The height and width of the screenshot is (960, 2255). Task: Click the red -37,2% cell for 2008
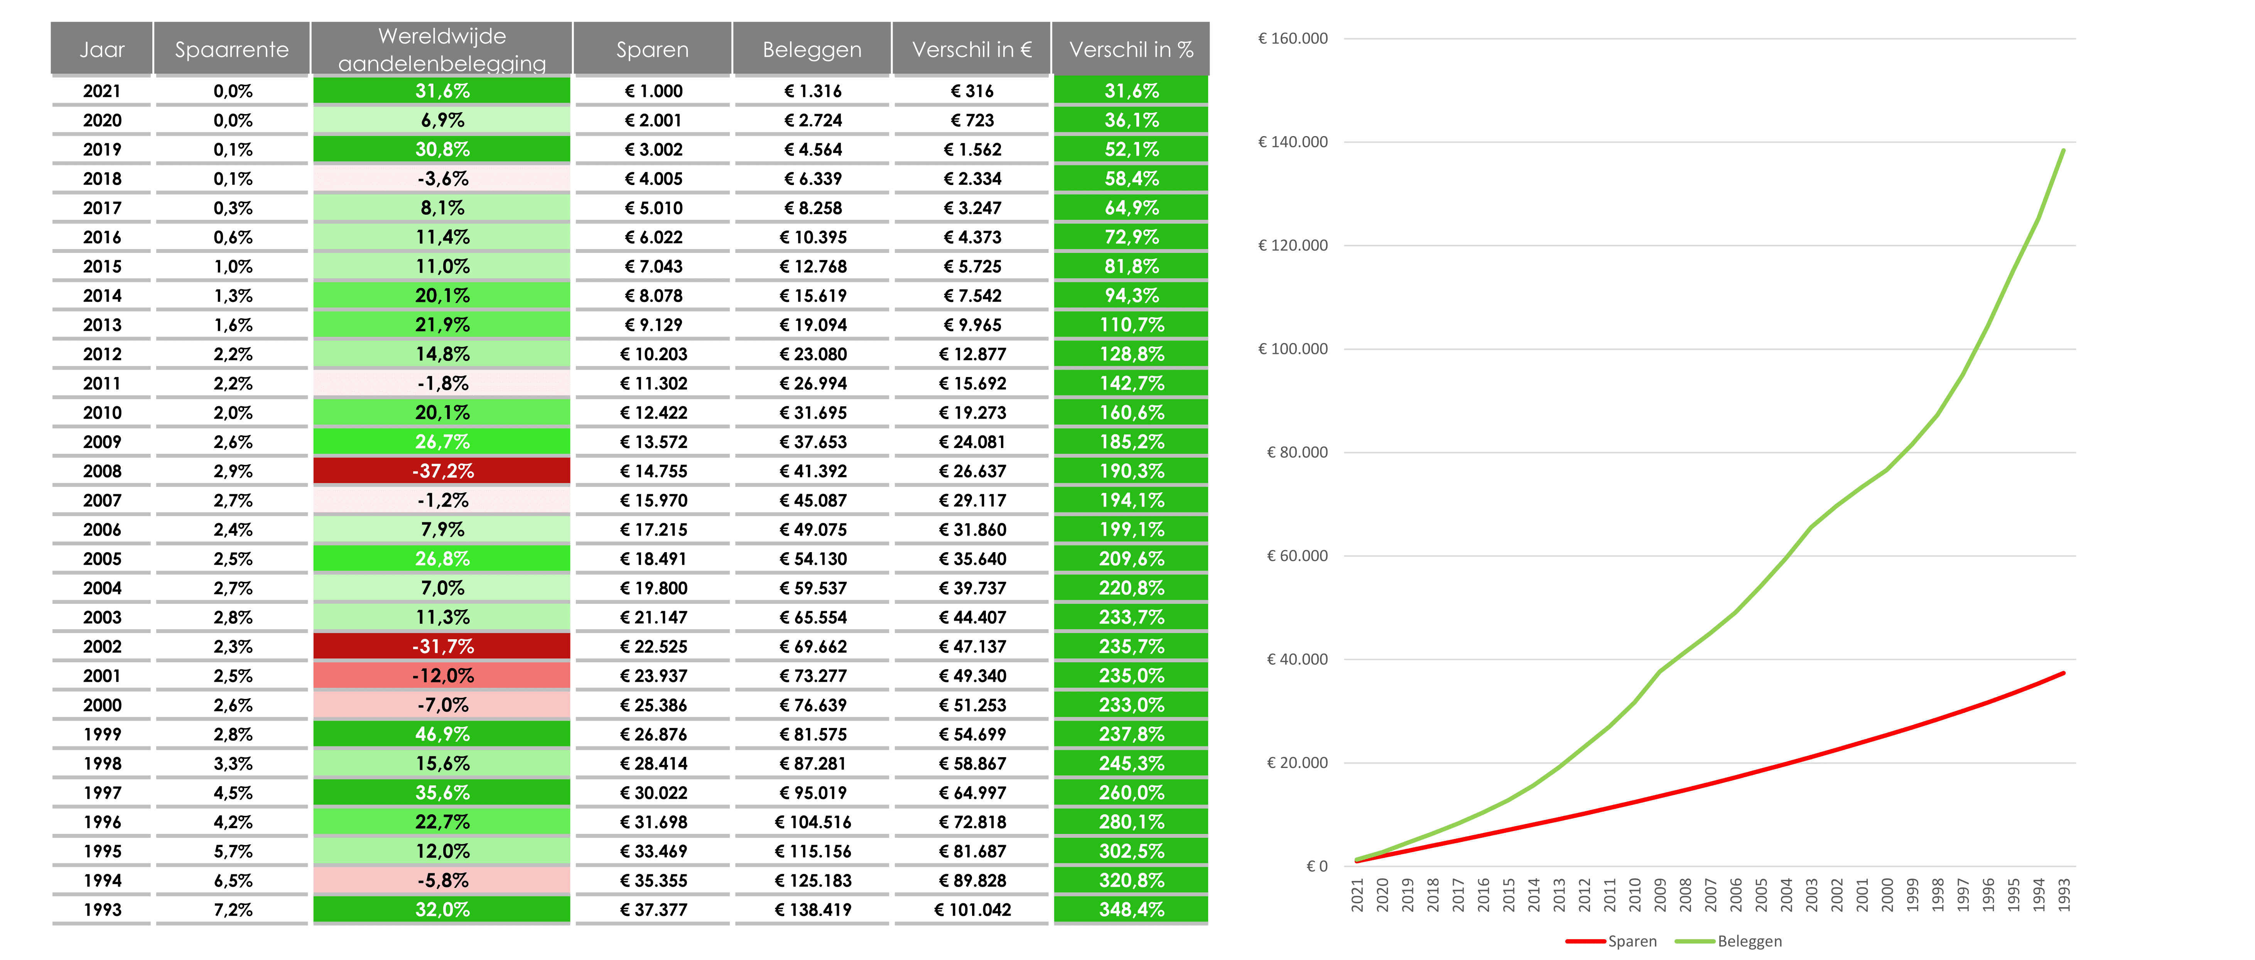pos(442,471)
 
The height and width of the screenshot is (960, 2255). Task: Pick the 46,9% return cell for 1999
pos(442,734)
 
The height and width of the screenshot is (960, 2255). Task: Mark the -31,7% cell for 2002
pos(442,647)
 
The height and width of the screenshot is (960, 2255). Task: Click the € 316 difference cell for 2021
pos(972,91)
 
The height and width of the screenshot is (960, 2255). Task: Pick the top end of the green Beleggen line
pos(2063,150)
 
